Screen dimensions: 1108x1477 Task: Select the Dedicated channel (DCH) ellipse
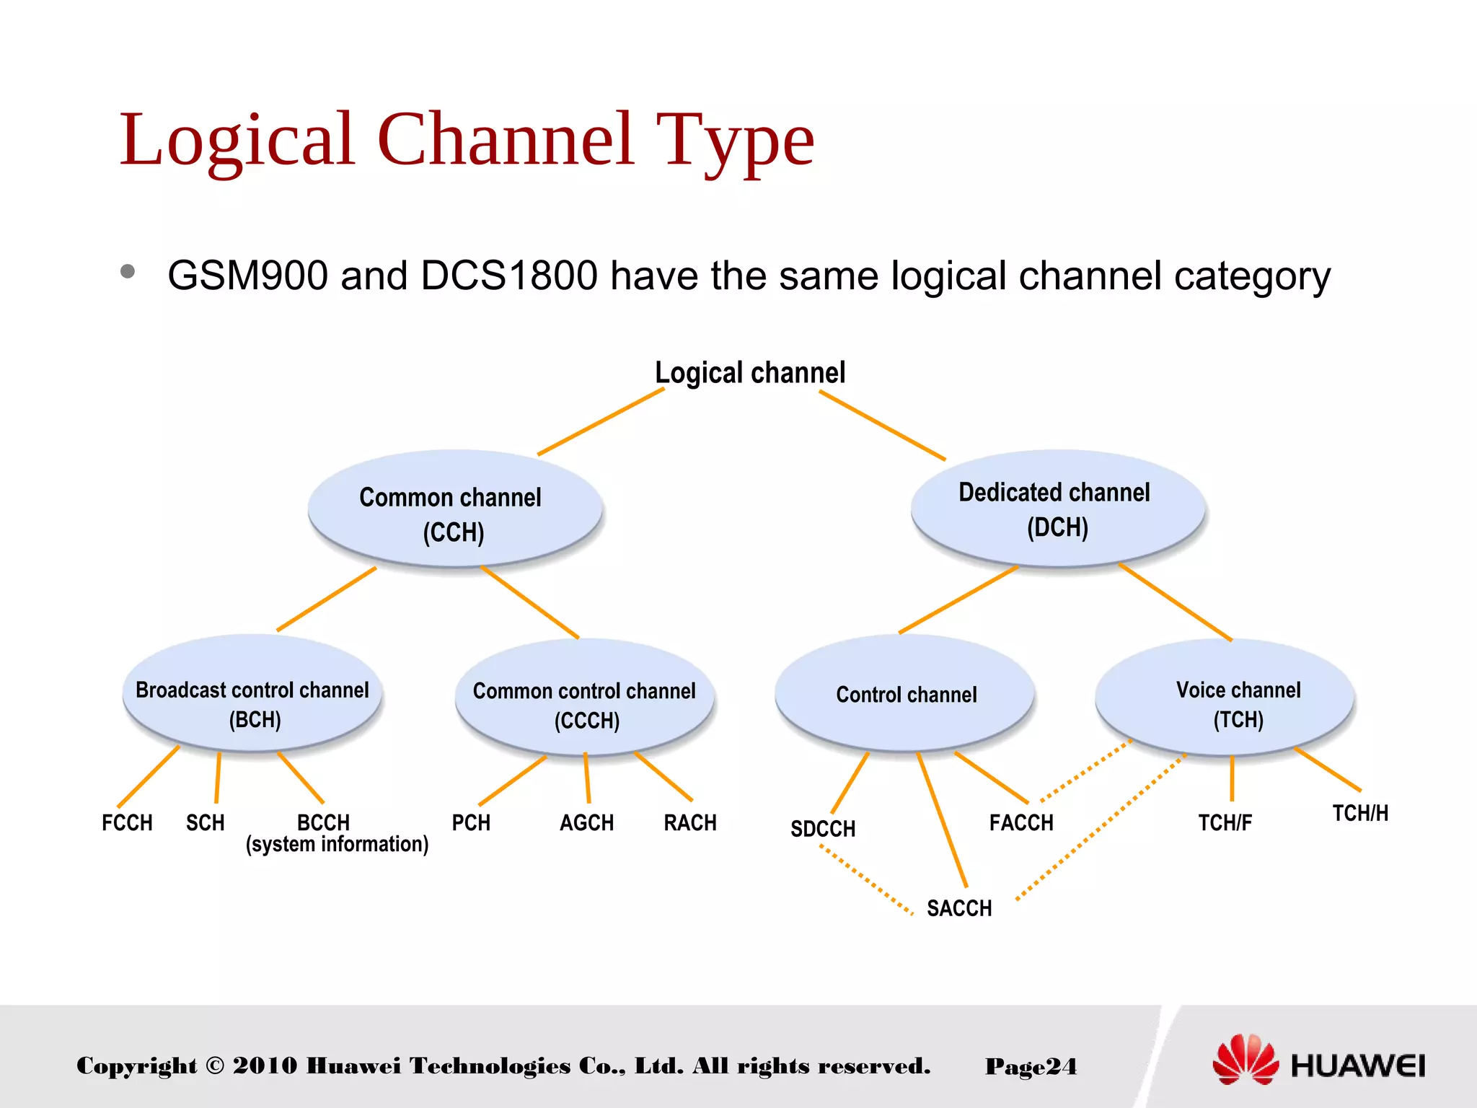pyautogui.click(x=1057, y=508)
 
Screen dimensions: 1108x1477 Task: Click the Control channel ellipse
pyautogui.click(x=905, y=694)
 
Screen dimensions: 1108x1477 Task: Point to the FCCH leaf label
pyautogui.click(x=127, y=823)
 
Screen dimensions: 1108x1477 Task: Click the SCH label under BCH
pyautogui.click(x=206, y=823)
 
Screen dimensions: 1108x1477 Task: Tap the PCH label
pyautogui.click(x=471, y=823)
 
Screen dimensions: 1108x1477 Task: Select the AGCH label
pyautogui.click(x=587, y=823)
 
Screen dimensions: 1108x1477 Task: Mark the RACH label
pyautogui.click(x=690, y=823)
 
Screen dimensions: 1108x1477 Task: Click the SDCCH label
pyautogui.click(x=823, y=829)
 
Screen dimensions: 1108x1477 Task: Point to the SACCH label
pyautogui.click(x=959, y=908)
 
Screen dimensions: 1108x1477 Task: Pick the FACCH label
pyautogui.click(x=1021, y=823)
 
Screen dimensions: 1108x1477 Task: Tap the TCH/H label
pyautogui.click(x=1360, y=814)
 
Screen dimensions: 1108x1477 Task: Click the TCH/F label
pyautogui.click(x=1225, y=823)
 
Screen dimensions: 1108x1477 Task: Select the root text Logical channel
pyautogui.click(x=750, y=373)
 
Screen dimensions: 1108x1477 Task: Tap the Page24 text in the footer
pyautogui.click(x=1031, y=1066)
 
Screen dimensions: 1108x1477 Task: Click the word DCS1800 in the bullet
pyautogui.click(x=509, y=276)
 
